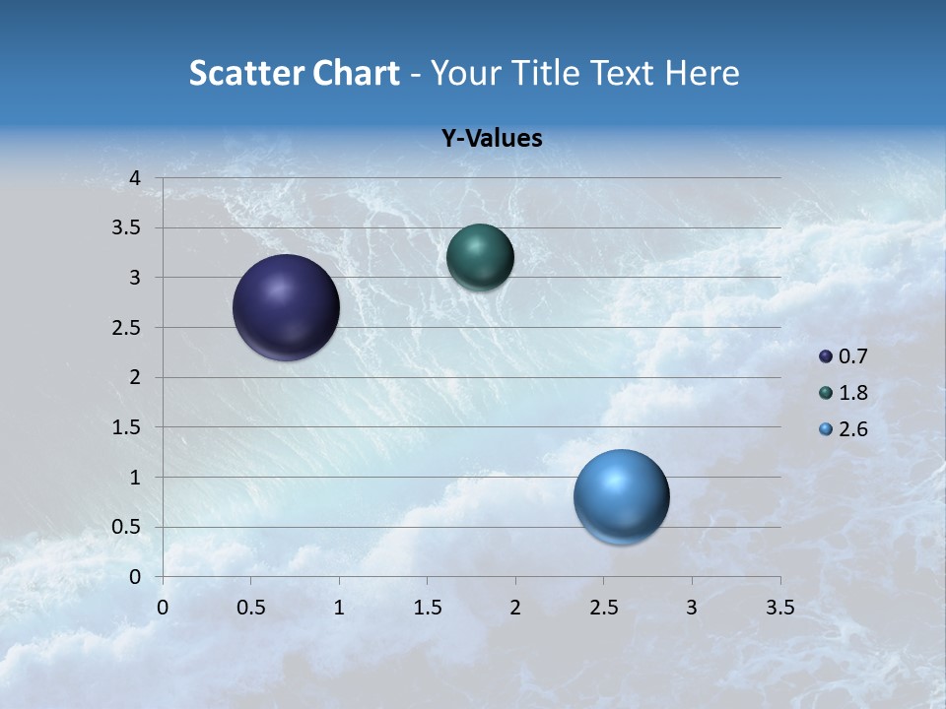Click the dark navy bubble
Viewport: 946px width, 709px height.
287,307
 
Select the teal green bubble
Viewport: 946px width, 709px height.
480,257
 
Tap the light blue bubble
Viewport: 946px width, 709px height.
621,496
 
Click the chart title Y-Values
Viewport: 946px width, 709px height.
492,139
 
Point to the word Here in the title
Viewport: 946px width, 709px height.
702,73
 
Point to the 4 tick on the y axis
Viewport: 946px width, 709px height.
136,178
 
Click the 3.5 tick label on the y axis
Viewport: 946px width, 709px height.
126,228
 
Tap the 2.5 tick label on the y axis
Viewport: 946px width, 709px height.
126,328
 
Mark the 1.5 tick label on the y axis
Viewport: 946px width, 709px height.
126,427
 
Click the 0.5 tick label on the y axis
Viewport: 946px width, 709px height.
126,528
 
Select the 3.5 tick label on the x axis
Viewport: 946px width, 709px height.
779,608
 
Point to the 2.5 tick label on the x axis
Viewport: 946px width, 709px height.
603,608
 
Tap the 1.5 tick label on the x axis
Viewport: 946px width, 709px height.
427,608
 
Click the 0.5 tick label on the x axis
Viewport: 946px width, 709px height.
250,608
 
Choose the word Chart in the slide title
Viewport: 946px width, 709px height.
356,73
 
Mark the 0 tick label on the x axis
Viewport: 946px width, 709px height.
163,608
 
